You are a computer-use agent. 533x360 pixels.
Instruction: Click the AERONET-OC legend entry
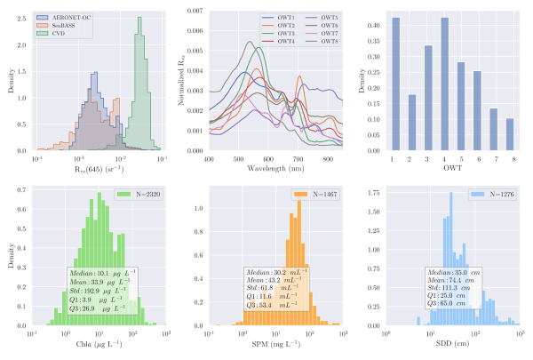point(70,17)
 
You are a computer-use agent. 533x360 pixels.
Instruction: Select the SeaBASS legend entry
point(66,26)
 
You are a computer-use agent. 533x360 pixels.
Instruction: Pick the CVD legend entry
point(61,35)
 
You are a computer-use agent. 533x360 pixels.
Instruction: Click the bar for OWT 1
point(395,84)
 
